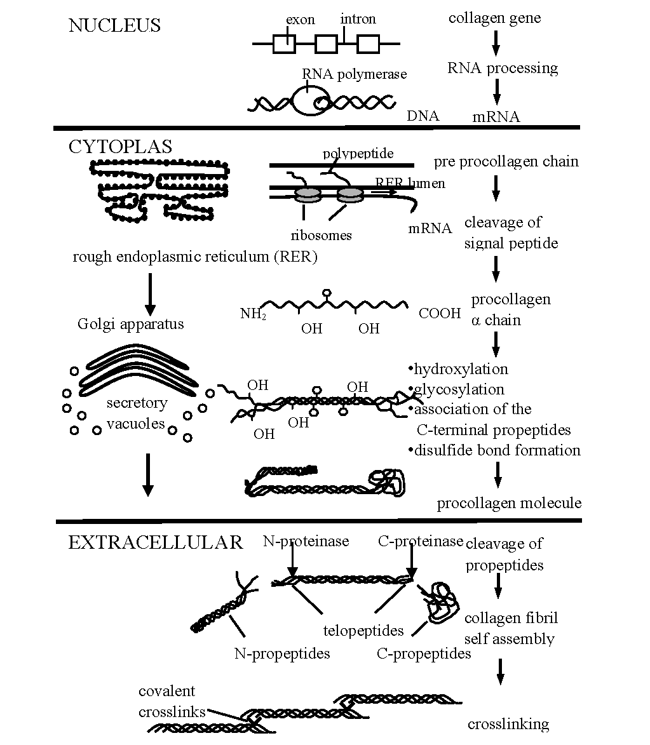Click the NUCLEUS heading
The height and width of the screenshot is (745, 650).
(114, 25)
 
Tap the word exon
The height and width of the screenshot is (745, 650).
(300, 20)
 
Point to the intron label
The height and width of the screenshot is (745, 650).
(358, 19)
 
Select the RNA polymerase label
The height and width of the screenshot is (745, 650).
(354, 74)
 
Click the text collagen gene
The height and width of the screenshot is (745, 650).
(494, 18)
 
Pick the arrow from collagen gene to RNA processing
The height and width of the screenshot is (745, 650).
(497, 43)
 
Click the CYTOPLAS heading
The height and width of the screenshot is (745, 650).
(120, 147)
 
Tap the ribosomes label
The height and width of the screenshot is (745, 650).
(321, 235)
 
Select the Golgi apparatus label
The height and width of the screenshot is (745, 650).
(130, 324)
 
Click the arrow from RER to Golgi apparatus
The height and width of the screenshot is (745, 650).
(150, 294)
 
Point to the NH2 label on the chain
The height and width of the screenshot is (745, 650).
(253, 314)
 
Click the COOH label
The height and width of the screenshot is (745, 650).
(440, 313)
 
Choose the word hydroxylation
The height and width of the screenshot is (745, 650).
(461, 369)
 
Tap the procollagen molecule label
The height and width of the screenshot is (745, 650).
(509, 503)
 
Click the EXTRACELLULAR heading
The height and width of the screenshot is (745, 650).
(155, 542)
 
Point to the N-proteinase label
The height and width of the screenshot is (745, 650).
(306, 541)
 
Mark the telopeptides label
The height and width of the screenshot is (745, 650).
(363, 631)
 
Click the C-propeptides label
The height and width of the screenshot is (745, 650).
(424, 654)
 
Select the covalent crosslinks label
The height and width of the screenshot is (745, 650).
(167, 701)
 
